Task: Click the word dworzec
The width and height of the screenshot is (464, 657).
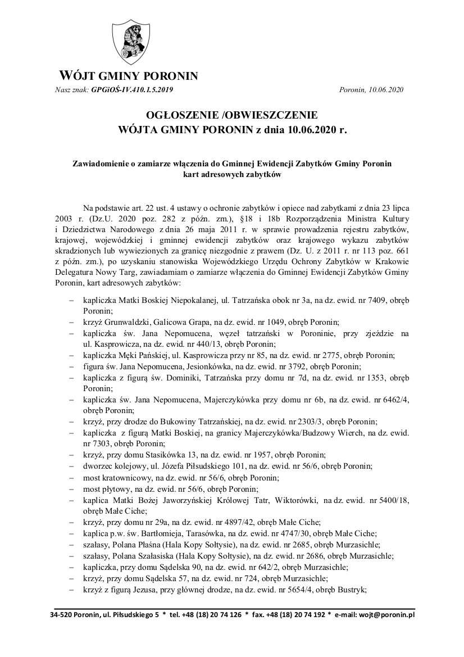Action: pyautogui.click(x=97, y=466)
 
